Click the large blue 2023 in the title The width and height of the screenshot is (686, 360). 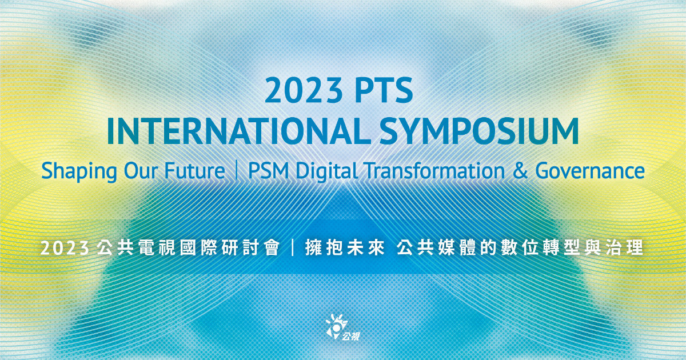pyautogui.click(x=303, y=90)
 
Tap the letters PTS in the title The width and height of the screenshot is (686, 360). pyautogui.click(x=384, y=90)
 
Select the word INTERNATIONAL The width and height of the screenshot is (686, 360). pyautogui.click(x=238, y=131)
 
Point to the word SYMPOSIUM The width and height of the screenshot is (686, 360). pyautogui.click(x=478, y=131)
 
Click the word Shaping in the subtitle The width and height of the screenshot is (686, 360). pyautogui.click(x=79, y=171)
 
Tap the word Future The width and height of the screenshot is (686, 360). pyautogui.click(x=195, y=171)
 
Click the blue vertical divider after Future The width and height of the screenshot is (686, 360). pyautogui.click(x=237, y=171)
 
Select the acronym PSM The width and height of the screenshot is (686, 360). pyautogui.click(x=268, y=171)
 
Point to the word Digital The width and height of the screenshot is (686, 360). pyautogui.click(x=326, y=171)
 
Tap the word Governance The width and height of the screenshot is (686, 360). pyautogui.click(x=590, y=171)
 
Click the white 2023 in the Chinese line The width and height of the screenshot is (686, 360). pyautogui.click(x=65, y=248)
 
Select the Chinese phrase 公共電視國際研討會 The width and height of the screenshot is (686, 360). pyautogui.click(x=188, y=248)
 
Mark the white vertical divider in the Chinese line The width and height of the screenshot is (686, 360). pyautogui.click(x=293, y=248)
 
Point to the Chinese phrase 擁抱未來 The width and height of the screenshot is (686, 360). pyautogui.click(x=345, y=248)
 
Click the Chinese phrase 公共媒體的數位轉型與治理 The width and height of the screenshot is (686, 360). pyautogui.click(x=520, y=248)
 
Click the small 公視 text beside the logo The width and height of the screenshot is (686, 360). pyautogui.click(x=351, y=336)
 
